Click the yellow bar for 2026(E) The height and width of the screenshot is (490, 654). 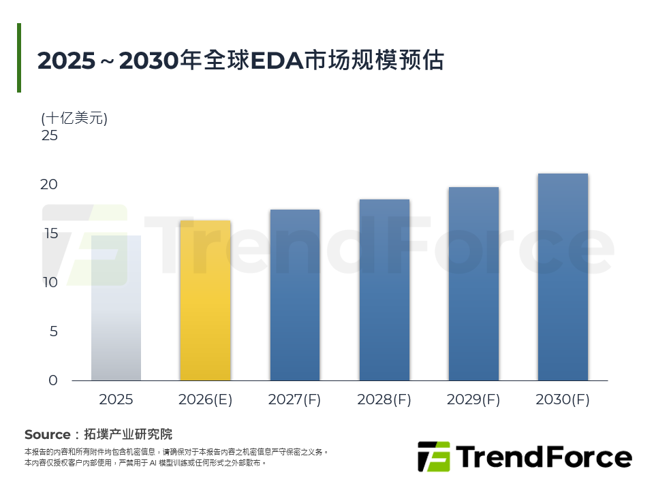tap(205, 300)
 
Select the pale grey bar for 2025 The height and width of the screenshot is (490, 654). tap(116, 308)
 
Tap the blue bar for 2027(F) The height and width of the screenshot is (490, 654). tap(295, 295)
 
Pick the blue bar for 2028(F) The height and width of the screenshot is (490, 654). tap(384, 290)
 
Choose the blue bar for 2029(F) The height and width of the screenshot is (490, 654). tap(474, 284)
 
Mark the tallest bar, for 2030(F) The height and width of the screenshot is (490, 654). tap(563, 277)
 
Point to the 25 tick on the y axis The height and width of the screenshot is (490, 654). tap(50, 135)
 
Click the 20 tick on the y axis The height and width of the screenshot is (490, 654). tap(49, 184)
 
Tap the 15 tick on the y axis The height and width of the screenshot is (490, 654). tap(51, 233)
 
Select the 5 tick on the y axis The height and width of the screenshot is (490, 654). tap(53, 331)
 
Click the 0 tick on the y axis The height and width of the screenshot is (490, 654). tap(53, 380)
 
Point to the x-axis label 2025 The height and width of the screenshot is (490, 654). tap(116, 399)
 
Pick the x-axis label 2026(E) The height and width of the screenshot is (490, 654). tap(205, 399)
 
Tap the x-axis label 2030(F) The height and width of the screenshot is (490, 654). tap(563, 399)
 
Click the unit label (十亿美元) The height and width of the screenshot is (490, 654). tap(74, 118)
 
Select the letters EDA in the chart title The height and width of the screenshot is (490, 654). tap(277, 61)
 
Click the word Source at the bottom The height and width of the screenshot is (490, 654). tap(48, 435)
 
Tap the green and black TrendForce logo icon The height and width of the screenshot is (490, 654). tap(434, 457)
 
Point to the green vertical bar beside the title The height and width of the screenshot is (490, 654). tap(19, 57)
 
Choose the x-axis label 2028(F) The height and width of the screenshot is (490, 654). tap(384, 399)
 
